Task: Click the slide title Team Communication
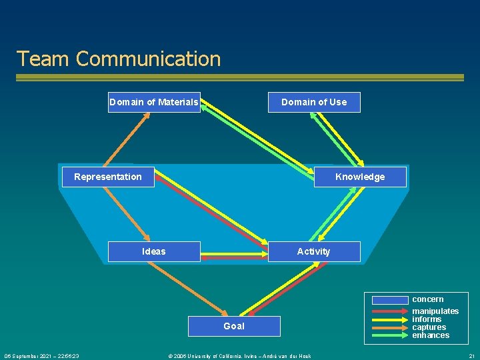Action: point(119,59)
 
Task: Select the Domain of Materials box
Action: point(154,102)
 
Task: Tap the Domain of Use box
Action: point(314,102)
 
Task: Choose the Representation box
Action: point(108,177)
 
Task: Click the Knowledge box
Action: point(360,177)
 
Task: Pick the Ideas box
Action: point(154,251)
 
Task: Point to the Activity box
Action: point(314,251)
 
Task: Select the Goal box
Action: point(234,326)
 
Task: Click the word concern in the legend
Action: point(427,299)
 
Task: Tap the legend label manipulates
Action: point(435,311)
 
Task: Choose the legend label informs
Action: point(427,319)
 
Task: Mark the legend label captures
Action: point(429,327)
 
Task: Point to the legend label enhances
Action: point(431,335)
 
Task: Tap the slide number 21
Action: point(472,356)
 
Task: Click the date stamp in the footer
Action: point(41,356)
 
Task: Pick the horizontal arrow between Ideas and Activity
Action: point(234,254)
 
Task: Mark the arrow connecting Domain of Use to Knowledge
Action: point(339,139)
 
